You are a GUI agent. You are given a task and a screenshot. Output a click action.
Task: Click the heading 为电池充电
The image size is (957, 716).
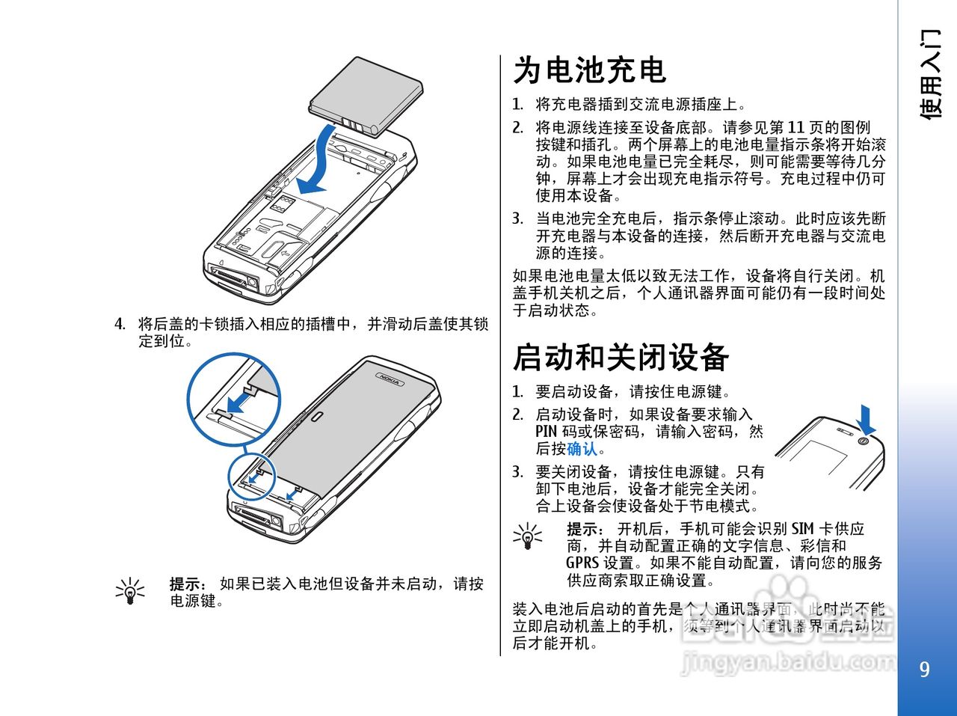(589, 71)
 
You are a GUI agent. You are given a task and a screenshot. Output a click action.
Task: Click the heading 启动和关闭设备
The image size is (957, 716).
(621, 358)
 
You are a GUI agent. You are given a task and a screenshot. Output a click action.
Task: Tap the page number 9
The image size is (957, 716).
(925, 669)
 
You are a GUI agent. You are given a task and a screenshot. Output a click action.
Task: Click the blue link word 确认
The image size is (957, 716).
(582, 449)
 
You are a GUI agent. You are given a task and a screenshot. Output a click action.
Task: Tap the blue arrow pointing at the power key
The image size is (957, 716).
(867, 420)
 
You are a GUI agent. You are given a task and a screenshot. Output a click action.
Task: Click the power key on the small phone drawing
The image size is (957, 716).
(864, 441)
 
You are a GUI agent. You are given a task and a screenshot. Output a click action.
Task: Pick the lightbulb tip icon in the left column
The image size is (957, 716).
(131, 591)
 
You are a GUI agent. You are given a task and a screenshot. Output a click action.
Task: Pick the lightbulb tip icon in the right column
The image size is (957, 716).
(528, 536)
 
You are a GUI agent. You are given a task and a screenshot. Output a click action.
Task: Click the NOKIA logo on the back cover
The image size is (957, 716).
(390, 379)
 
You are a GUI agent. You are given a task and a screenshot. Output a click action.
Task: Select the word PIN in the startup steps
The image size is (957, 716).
(547, 432)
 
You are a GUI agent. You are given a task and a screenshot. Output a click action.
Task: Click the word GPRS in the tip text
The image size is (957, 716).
(582, 563)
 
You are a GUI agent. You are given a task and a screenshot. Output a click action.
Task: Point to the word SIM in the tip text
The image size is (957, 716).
(802, 529)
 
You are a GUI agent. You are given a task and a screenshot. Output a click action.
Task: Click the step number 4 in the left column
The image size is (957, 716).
(119, 324)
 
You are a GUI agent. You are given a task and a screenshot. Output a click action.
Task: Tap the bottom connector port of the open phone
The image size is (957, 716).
(235, 277)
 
